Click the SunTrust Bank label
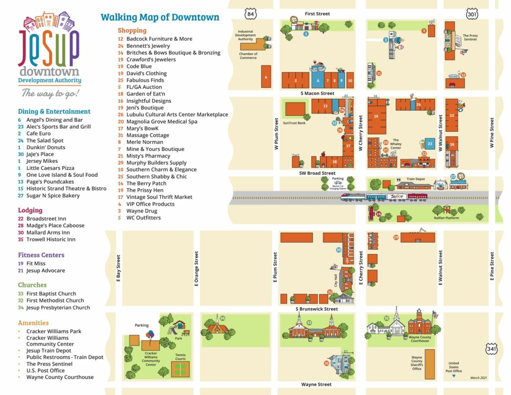coord(294,123)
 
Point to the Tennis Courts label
coord(180,357)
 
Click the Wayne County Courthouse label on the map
coord(420,339)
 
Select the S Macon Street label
coord(317,93)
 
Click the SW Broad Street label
coord(317,173)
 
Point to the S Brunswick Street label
coord(317,309)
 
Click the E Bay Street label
coord(118,270)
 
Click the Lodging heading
coord(30,210)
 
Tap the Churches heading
coord(32,285)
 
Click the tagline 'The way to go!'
coord(50,93)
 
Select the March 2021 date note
coord(478,378)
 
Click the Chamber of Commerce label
coord(248,56)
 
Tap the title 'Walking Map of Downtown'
coord(160,17)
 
